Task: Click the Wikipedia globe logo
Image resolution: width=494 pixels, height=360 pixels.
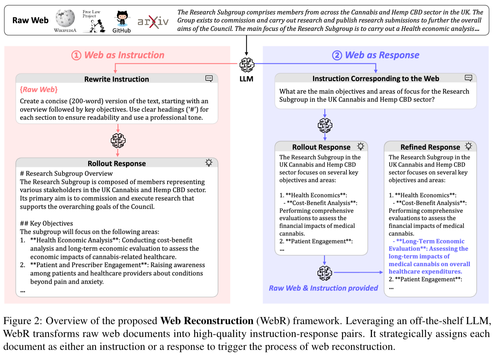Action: [x=65, y=18]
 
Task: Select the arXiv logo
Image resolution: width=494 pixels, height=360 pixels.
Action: [x=153, y=22]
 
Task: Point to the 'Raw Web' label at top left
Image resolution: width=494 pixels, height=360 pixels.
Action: [x=30, y=20]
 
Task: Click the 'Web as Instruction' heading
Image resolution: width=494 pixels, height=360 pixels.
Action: [x=124, y=55]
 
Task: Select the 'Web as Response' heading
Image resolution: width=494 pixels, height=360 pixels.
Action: [x=382, y=55]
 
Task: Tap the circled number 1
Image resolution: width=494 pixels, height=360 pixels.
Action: [x=76, y=55]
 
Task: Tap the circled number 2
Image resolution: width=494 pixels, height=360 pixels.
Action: [x=337, y=55]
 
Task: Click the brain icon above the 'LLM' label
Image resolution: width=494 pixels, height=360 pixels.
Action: [x=247, y=65]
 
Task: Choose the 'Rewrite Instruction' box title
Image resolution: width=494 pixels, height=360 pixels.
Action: [x=117, y=79]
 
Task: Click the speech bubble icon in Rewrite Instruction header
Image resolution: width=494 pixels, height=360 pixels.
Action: [x=209, y=79]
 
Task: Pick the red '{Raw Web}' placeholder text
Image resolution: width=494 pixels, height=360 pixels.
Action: [x=39, y=90]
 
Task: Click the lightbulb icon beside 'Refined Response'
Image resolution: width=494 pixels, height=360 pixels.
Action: [x=469, y=146]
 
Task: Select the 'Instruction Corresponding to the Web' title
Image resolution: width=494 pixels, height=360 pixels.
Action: [x=375, y=79]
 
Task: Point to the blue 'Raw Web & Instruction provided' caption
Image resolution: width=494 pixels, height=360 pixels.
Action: [x=323, y=288]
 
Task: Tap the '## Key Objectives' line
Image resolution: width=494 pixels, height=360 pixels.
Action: [x=46, y=223]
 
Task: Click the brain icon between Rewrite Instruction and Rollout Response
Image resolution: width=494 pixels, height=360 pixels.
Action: [x=118, y=140]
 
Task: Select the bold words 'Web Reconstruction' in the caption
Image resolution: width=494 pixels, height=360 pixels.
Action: [x=207, y=321]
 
